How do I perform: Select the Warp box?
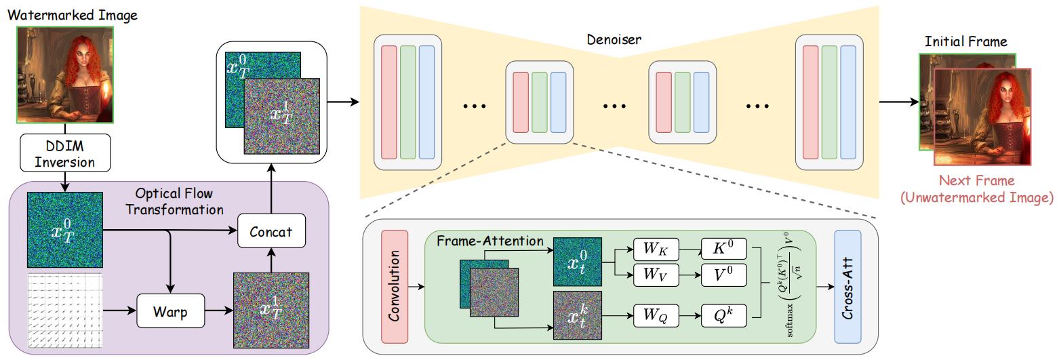coord(171,313)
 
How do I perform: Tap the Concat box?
coord(271,231)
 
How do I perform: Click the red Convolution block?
coord(395,285)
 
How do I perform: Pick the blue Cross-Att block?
coord(847,285)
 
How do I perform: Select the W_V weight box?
coord(656,275)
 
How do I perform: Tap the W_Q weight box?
coord(656,315)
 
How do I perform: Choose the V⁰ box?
coord(724,275)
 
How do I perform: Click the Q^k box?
coord(724,315)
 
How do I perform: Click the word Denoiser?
coord(614,39)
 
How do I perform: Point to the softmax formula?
coord(789,285)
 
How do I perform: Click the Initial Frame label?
coord(966,42)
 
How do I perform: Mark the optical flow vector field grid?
coord(65,312)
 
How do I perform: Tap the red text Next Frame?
coord(976,181)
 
